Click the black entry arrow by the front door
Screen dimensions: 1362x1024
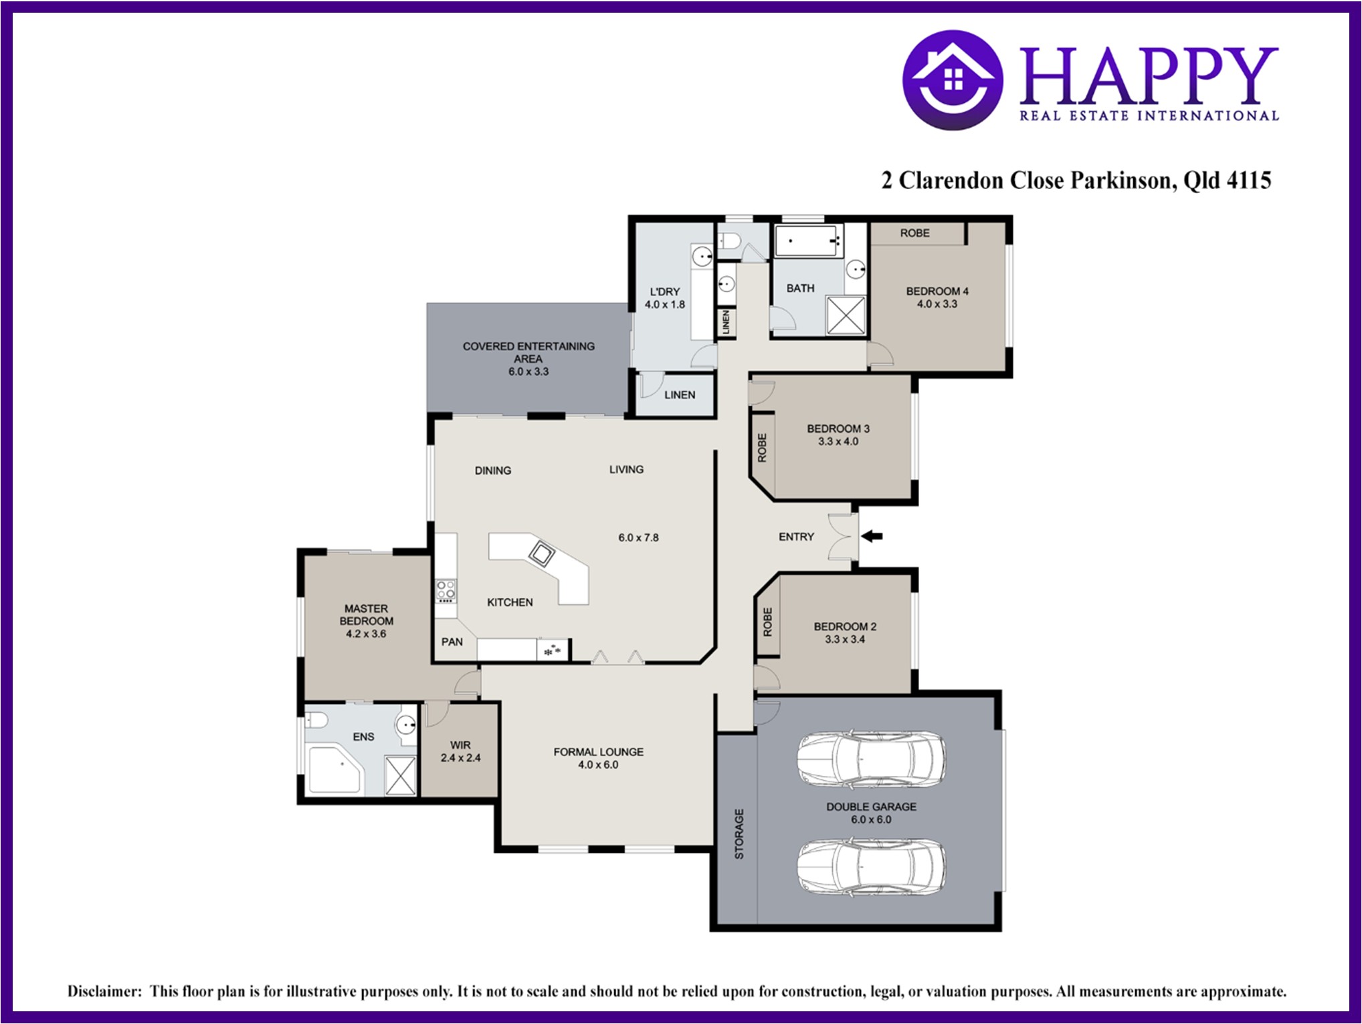tap(872, 536)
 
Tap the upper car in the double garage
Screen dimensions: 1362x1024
tap(871, 759)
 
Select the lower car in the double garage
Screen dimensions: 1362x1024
tap(871, 867)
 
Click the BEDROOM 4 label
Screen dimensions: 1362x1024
tap(937, 297)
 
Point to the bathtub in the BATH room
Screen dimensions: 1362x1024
tap(807, 241)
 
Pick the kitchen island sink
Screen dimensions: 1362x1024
tap(541, 553)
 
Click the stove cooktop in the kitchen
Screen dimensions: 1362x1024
tap(446, 590)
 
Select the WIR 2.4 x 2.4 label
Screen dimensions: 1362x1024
tap(460, 751)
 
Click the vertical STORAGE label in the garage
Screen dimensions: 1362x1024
tap(739, 834)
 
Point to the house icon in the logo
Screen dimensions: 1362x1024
tap(953, 80)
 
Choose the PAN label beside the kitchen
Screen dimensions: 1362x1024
tap(452, 642)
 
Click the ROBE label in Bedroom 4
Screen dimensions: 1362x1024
tap(914, 233)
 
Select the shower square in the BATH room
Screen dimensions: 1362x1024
tap(846, 315)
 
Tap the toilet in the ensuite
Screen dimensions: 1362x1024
tap(315, 721)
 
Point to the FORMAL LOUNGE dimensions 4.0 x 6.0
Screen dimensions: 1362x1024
tap(598, 765)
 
